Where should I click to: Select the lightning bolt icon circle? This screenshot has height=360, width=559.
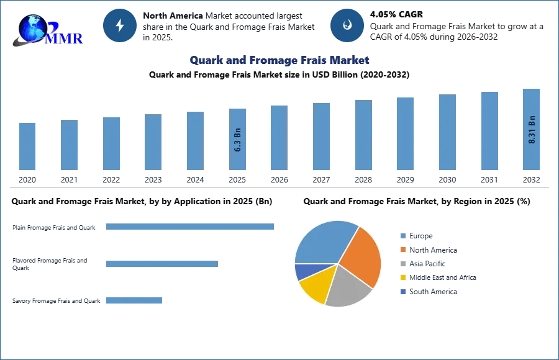pyautogui.click(x=120, y=25)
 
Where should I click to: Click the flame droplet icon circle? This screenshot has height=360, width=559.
pyautogui.click(x=347, y=25)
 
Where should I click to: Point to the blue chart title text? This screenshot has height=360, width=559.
pyautogui.click(x=280, y=60)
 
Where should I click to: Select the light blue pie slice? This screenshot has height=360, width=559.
pyautogui.click(x=323, y=242)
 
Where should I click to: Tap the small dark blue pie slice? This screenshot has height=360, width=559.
pyautogui.click(x=302, y=271)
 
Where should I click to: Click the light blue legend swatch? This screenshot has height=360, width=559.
pyautogui.click(x=402, y=235)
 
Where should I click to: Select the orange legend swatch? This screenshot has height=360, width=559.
pyautogui.click(x=402, y=250)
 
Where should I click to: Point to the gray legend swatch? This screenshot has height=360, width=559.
pyautogui.click(x=402, y=264)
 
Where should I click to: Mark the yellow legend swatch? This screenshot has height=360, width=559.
pyautogui.click(x=402, y=278)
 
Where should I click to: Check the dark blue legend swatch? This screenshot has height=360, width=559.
pyautogui.click(x=402, y=292)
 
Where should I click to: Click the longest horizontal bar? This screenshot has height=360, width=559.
pyautogui.click(x=191, y=228)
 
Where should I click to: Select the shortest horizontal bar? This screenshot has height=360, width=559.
pyautogui.click(x=134, y=300)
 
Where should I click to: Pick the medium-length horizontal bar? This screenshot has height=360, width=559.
pyautogui.click(x=161, y=264)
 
